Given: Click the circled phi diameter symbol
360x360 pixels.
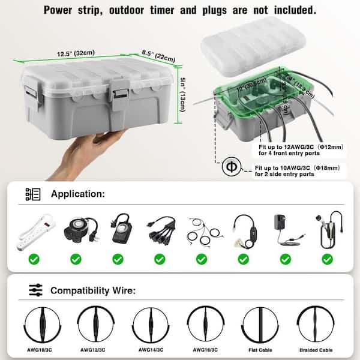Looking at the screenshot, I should click(230, 167).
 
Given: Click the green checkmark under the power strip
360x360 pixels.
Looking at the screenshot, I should click(34, 259).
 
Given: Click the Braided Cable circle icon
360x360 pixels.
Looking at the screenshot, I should click(317, 325).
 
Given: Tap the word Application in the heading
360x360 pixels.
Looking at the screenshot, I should click(78, 194).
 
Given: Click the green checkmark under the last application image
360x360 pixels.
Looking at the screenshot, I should click(327, 259).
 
